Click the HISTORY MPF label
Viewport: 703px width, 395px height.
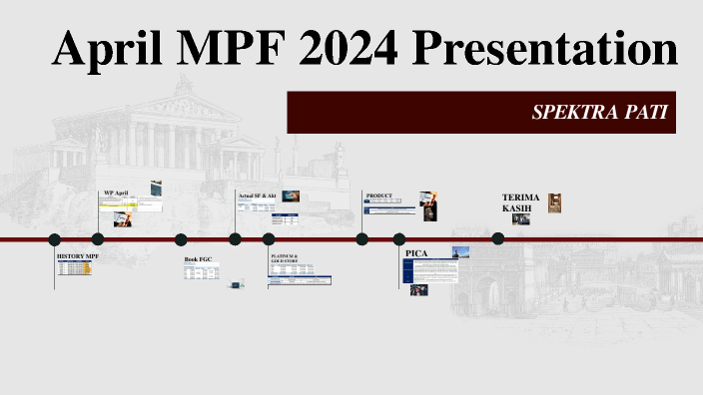(x=78, y=256)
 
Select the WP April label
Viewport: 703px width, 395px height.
(x=116, y=193)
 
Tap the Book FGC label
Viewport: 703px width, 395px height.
(x=198, y=259)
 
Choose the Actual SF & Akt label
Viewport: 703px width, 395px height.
(x=257, y=195)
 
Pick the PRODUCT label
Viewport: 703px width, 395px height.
(x=379, y=196)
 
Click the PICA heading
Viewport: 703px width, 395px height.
(x=416, y=253)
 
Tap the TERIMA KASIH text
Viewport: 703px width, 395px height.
(x=520, y=202)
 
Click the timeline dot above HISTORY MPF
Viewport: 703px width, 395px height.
(x=55, y=239)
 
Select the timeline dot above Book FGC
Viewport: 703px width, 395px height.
(x=181, y=239)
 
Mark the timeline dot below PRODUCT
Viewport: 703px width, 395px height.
(x=362, y=239)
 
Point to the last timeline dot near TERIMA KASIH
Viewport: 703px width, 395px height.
(x=498, y=238)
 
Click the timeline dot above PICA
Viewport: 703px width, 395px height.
(x=399, y=239)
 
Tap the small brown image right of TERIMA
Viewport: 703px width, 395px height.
(x=556, y=202)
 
